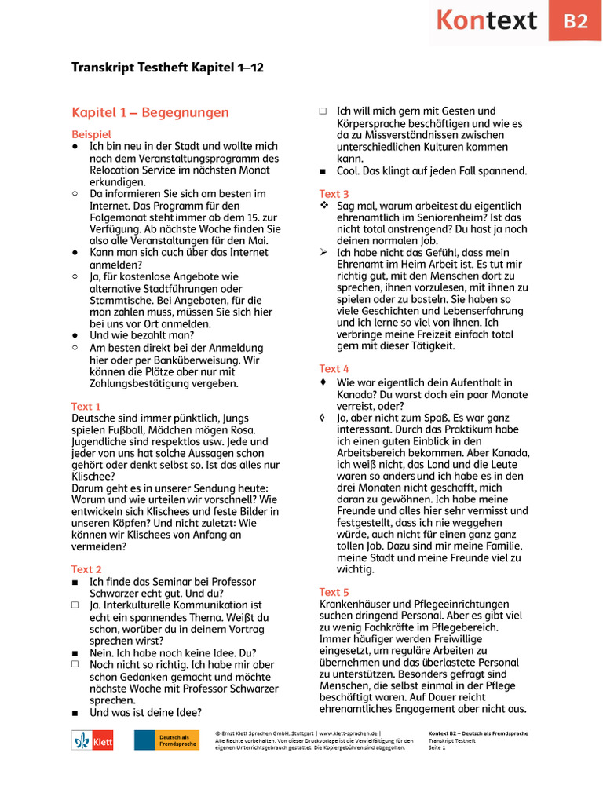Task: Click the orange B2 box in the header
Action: coord(576,21)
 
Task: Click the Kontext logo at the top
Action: coord(486,20)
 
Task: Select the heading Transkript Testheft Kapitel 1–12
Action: coord(167,68)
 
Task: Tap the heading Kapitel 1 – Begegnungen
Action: coord(150,112)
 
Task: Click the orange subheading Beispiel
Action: coord(91,134)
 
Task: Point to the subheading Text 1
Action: coord(86,406)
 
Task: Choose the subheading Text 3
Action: coord(334,194)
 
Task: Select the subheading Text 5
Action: coord(334,592)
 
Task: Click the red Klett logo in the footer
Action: coord(93,740)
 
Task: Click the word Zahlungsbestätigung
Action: coord(149,383)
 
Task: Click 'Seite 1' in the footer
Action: coord(437,747)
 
